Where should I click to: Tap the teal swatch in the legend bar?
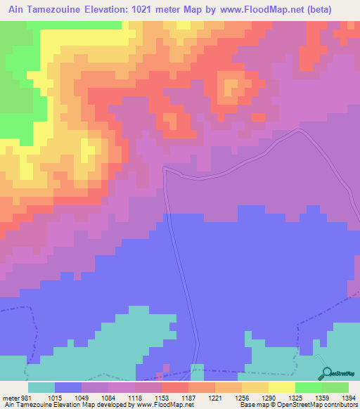(41, 387)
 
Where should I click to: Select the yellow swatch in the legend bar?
(281, 387)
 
